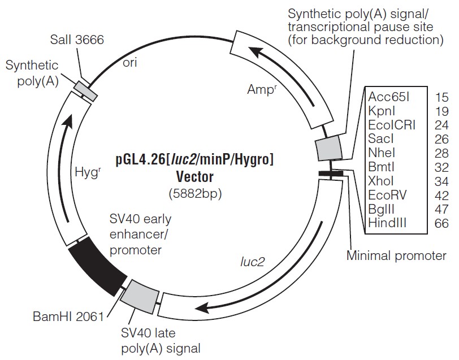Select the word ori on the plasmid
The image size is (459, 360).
[129, 63]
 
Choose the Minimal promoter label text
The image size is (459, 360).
[396, 256]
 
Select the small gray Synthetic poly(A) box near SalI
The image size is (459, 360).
[86, 90]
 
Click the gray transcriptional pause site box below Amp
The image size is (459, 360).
[328, 148]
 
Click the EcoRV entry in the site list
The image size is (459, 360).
[387, 196]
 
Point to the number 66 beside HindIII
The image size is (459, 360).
[441, 224]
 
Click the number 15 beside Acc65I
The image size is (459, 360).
[441, 97]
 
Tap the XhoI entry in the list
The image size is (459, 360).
[383, 181]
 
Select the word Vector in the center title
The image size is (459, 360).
[195, 176]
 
